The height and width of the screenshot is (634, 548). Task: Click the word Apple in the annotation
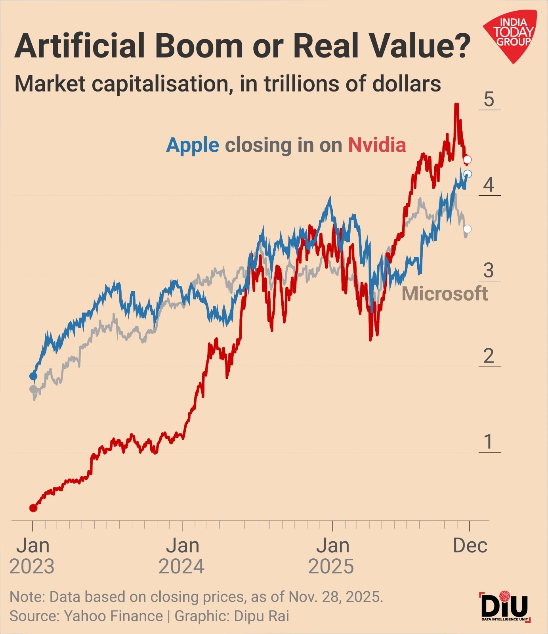pyautogui.click(x=193, y=145)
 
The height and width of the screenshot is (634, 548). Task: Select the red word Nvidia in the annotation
pyautogui.click(x=377, y=145)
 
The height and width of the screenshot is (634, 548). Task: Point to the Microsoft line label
pyautogui.click(x=445, y=294)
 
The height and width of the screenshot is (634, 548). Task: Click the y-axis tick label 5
pyautogui.click(x=489, y=99)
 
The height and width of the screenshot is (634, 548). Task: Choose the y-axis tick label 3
pyautogui.click(x=489, y=271)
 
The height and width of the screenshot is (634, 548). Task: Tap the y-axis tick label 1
pyautogui.click(x=489, y=442)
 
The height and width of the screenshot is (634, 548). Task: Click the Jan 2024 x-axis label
pyautogui.click(x=182, y=556)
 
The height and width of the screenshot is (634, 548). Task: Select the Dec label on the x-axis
pyautogui.click(x=470, y=546)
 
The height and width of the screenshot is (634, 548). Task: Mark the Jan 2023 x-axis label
pyautogui.click(x=32, y=556)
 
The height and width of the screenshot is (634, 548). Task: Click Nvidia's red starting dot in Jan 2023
pyautogui.click(x=33, y=508)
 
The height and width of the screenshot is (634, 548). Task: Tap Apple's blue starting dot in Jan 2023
pyautogui.click(x=33, y=376)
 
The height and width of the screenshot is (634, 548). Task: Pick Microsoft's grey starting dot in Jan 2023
pyautogui.click(x=33, y=389)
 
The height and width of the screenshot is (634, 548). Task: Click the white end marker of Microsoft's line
pyautogui.click(x=468, y=229)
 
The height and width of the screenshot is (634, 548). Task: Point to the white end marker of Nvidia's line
pyautogui.click(x=468, y=160)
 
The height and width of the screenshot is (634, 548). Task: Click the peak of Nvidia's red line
pyautogui.click(x=456, y=105)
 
